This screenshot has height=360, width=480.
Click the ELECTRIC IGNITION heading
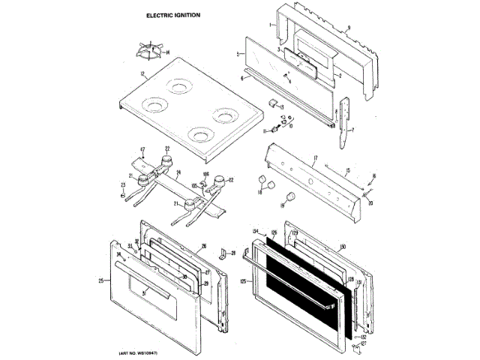pos(168,15)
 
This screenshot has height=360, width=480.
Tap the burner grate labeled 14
pos(145,51)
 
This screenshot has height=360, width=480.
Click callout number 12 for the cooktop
pos(142,73)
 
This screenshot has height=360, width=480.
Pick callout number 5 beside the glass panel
pos(238,55)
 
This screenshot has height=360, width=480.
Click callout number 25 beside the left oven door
pos(100,280)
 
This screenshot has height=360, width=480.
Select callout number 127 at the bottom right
pos(364,345)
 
